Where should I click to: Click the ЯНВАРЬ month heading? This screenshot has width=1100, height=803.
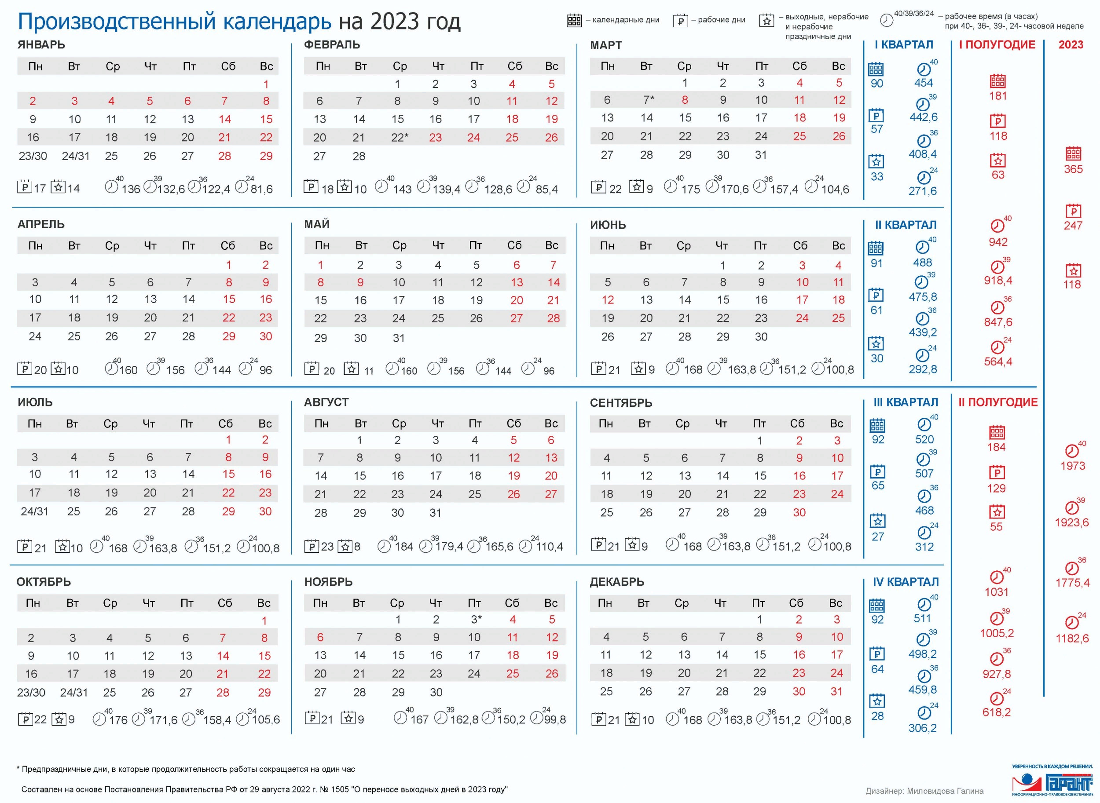coord(41,45)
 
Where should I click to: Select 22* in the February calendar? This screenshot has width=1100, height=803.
coord(399,138)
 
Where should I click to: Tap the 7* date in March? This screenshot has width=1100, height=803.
coord(648,100)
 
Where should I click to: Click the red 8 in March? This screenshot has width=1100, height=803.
coord(685,100)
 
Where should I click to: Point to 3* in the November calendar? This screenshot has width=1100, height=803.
coord(476,619)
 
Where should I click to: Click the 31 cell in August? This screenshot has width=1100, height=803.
coord(436,512)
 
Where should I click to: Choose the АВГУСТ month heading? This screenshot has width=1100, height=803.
coord(326,402)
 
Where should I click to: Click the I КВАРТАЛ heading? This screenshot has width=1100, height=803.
coord(904,45)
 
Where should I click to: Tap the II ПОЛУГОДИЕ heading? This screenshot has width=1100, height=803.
coord(998,402)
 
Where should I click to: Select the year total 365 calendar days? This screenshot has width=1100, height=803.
coord(1073,169)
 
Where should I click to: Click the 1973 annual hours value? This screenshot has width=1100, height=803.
coord(1073,466)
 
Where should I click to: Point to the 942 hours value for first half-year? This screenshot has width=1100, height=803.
coord(998,242)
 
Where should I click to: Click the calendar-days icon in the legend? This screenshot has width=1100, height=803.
coord(574,20)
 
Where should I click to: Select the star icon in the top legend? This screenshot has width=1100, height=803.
coord(766,20)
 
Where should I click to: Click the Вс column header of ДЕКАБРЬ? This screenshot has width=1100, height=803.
coord(836,603)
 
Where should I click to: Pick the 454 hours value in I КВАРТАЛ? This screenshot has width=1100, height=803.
coord(924,83)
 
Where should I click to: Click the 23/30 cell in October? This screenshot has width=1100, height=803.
coord(31,692)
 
